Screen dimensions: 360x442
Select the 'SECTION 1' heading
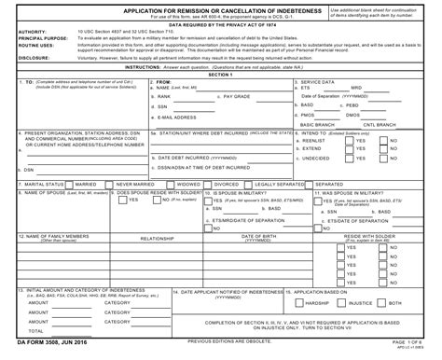[x=221, y=74]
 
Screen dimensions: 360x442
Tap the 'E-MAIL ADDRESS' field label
[x=181, y=118]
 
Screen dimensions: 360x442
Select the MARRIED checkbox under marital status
[x=71, y=185]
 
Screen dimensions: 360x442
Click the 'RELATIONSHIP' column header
[x=158, y=239]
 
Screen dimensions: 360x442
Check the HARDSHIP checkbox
[x=299, y=303]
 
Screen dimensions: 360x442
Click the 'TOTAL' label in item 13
[x=37, y=330]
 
